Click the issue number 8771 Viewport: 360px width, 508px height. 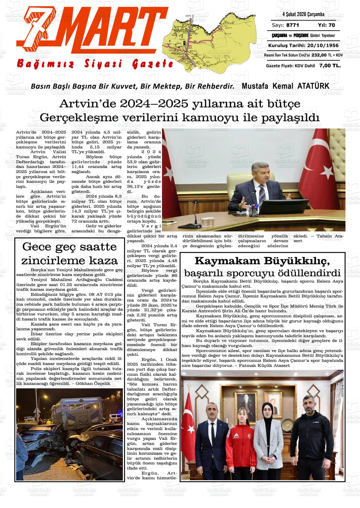[x=292, y=25]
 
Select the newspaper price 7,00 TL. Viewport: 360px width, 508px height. [x=330, y=66]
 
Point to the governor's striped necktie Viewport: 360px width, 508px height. [x=261, y=191]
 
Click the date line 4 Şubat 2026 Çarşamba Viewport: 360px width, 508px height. [x=303, y=15]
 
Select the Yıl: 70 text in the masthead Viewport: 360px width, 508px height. [x=327, y=25]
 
